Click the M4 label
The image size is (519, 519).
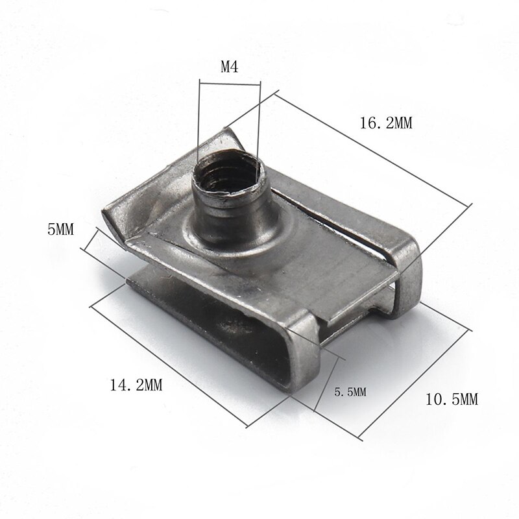(230, 66)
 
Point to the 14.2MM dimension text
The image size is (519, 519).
(136, 385)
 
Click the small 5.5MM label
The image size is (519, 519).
(350, 392)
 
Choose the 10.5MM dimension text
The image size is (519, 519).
(452, 400)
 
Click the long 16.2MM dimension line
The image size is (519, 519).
(370, 150)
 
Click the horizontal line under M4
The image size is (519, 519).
(230, 82)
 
